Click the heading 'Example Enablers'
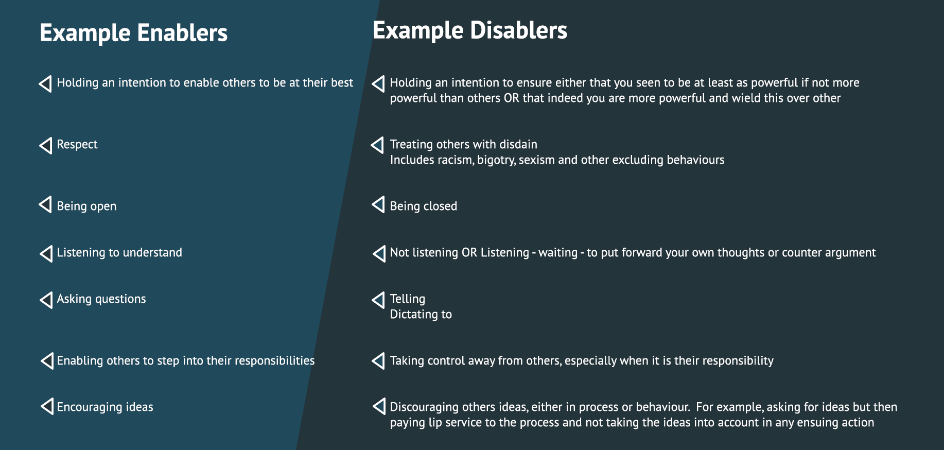point(134,33)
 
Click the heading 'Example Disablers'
point(470,30)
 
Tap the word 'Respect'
point(77,145)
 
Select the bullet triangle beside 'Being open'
point(45,204)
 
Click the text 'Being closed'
point(424,206)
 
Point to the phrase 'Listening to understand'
point(119,252)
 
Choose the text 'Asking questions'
point(101,299)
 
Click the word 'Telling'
point(408,299)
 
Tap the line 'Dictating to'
point(421,314)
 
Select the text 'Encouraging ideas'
point(105,407)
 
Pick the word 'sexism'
point(536,160)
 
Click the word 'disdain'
point(518,144)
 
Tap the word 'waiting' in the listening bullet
point(558,253)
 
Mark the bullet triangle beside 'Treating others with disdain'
point(377,145)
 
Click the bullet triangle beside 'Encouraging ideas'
point(47,406)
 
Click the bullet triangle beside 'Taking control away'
point(378,360)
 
